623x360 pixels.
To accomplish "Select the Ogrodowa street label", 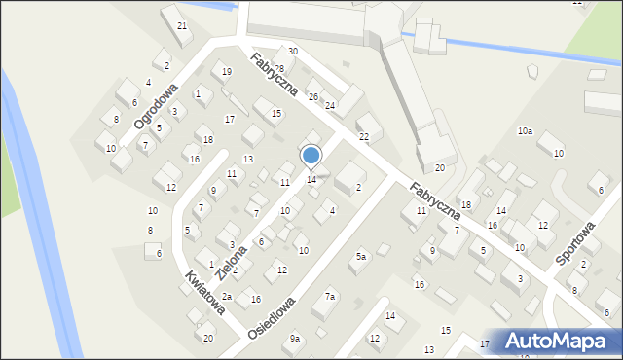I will (x=156, y=105).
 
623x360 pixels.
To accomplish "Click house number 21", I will (x=182, y=25).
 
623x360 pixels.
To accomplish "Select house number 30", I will (x=292, y=51).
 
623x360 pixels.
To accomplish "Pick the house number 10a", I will (x=525, y=130).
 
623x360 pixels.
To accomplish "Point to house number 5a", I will (x=360, y=256).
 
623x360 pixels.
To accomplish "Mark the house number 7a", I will (x=330, y=296).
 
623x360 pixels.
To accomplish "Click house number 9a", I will (x=294, y=338).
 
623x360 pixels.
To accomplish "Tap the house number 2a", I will (x=226, y=296).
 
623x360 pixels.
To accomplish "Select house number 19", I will (x=226, y=71).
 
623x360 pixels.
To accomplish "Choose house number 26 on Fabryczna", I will (x=312, y=96).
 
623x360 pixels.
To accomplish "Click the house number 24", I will (x=330, y=105).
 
